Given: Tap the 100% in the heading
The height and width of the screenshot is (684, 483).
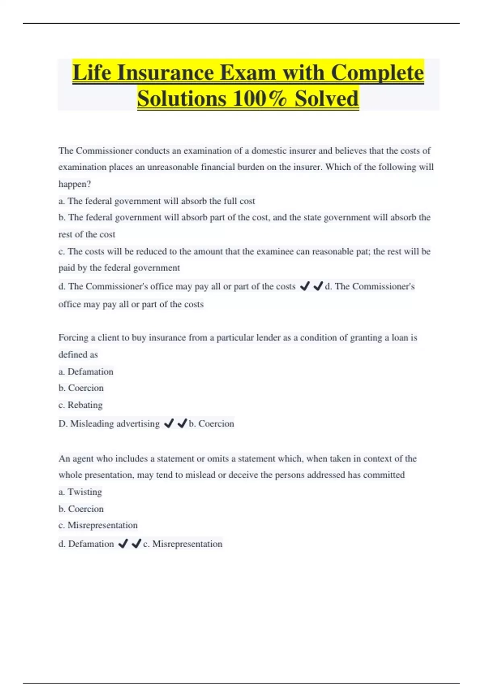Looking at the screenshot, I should pos(259,99).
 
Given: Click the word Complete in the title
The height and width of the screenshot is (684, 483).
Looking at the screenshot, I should pos(377,73).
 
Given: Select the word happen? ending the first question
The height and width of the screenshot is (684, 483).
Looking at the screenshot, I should pos(74,184).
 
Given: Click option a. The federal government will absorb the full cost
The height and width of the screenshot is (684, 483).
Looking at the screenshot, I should pos(157,201).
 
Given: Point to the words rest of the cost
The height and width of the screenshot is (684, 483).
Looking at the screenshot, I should pos(87,234).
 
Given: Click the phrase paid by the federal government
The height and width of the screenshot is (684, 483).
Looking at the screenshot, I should pos(119,268).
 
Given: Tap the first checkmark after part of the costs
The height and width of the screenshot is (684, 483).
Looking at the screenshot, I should pos(305,286).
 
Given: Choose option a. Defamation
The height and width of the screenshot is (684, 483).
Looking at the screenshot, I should pos(86,371).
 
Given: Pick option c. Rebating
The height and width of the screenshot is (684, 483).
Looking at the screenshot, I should pos(80,405).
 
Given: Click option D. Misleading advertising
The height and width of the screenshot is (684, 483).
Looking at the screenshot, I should pos(109,423).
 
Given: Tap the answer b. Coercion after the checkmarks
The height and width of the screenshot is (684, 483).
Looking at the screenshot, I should pos(211,423).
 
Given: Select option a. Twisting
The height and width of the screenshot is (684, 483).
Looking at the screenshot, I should pos(80,492).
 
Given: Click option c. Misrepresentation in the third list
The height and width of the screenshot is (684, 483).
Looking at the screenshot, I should pos(98,525).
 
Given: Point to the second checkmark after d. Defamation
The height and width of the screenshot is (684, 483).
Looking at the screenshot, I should pos(136,544).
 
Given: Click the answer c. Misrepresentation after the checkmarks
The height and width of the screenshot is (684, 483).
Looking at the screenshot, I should pos(182,544).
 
